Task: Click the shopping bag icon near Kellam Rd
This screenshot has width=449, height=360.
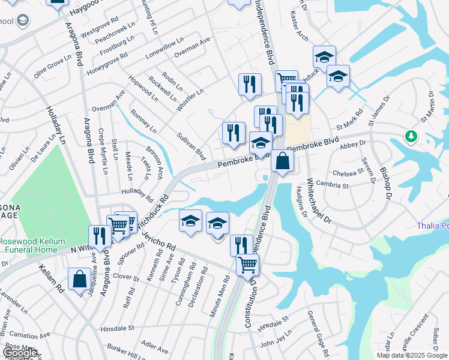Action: (x=79, y=280)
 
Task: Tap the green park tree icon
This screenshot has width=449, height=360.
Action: (x=411, y=136)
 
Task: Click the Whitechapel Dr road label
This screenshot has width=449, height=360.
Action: (x=319, y=201)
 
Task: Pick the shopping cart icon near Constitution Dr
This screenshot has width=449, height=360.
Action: (x=247, y=265)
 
